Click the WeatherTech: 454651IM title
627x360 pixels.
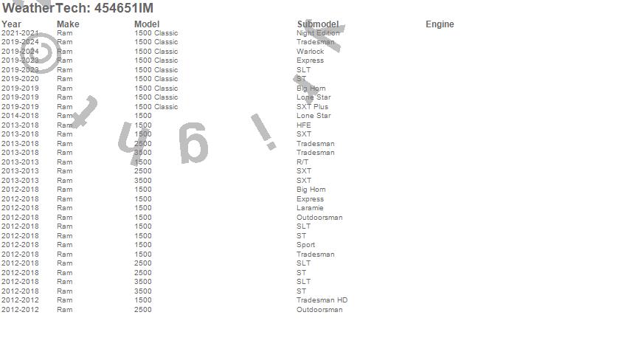point(77,8)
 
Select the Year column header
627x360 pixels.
point(11,24)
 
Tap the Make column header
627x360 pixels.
point(68,24)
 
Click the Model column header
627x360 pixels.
point(147,24)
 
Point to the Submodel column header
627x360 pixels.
point(318,24)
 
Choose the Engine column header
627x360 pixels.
point(440,24)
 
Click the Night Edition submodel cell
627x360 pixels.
point(318,33)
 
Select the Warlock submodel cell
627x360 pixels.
point(310,52)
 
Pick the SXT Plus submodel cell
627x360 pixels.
point(312,107)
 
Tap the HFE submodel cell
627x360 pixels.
point(304,125)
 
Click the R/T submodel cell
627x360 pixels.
point(302,162)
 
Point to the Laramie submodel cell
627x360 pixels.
point(310,208)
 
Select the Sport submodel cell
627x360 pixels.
point(305,245)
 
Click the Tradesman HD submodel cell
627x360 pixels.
point(322,300)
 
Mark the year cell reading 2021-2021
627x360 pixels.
point(20,33)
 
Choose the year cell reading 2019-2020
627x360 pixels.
point(20,79)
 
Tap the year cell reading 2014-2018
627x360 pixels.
point(20,116)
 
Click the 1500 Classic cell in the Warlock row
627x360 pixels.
point(156,52)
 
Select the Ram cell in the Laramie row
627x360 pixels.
point(65,208)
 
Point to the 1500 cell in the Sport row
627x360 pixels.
point(143,245)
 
